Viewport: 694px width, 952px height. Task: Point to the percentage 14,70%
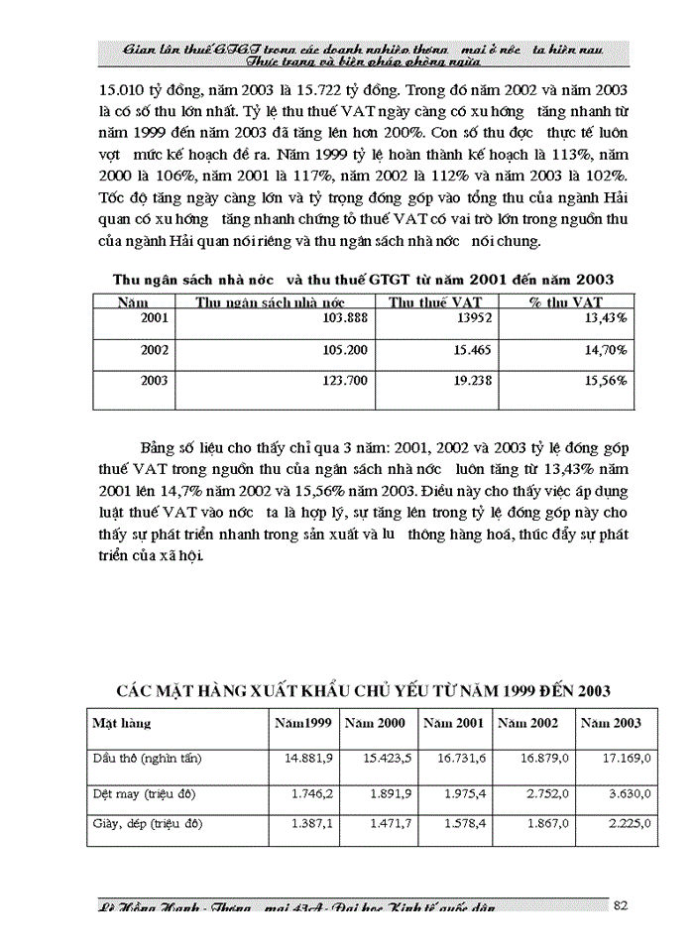604,349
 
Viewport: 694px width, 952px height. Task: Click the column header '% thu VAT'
565,301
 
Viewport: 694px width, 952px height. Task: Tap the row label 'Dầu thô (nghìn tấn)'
147,759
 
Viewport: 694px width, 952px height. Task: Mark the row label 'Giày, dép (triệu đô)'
147,823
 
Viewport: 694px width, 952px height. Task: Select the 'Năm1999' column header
303,723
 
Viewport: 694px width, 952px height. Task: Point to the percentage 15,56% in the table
604,380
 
